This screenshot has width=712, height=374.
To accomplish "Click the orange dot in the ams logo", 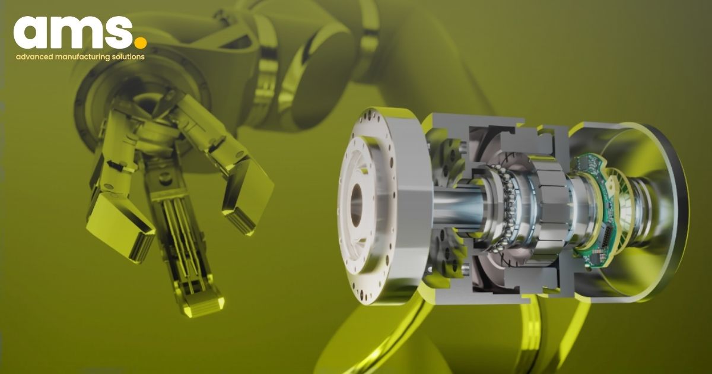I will tap(140, 42).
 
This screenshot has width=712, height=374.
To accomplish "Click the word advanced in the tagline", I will tap(34, 57).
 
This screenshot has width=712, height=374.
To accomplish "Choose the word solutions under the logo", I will tap(128, 57).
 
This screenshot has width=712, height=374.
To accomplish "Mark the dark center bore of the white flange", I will tap(356, 205).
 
